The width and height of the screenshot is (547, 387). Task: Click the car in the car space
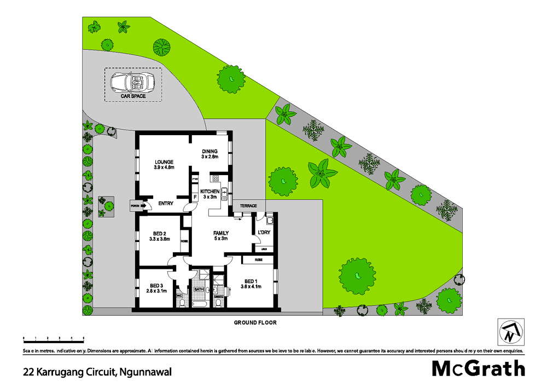132,83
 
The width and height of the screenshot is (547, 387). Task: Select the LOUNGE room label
164,162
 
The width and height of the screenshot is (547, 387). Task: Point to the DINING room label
210,152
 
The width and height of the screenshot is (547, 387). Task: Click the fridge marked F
195,197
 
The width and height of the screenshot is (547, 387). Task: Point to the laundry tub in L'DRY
270,221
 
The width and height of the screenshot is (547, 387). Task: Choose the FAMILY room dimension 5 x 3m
220,239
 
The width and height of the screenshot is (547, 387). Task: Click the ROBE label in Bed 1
258,260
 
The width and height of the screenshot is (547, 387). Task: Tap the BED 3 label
156,286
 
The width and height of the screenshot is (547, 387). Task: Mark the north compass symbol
510,331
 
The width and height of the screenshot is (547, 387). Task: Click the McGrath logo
479,368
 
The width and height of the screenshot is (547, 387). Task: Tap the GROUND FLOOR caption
255,323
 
